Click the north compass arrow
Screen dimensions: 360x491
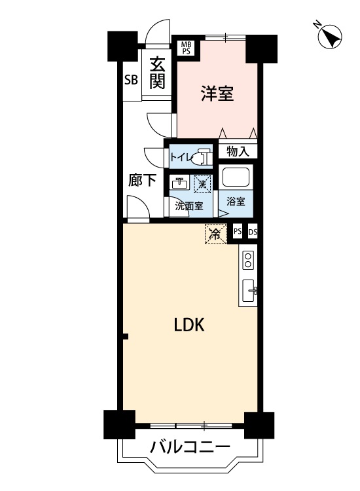331,37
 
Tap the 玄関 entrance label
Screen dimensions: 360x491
157,73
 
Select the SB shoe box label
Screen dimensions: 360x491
131,79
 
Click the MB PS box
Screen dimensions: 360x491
187,48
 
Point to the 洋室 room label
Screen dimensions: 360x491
217,94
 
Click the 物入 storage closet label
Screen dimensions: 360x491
238,152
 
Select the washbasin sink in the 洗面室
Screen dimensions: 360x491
179,182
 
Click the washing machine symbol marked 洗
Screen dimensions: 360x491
202,183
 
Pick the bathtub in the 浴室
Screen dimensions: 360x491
236,177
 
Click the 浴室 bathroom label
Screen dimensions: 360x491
236,201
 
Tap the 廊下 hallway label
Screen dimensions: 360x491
142,180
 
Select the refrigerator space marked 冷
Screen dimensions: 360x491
215,234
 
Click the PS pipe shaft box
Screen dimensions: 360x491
238,232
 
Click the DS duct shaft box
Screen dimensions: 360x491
253,232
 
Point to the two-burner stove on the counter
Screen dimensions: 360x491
248,260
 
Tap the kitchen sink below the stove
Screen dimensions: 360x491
249,291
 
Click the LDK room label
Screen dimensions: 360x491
189,325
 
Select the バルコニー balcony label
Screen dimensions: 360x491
190,448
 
